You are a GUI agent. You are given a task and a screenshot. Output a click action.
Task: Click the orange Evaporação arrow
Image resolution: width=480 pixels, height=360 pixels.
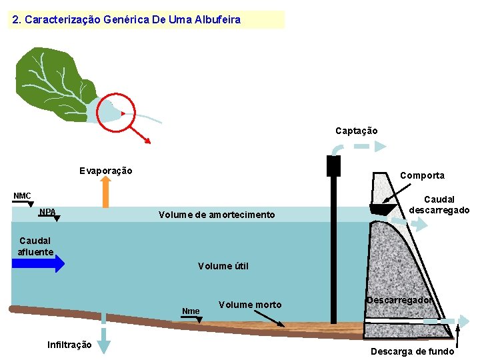105,194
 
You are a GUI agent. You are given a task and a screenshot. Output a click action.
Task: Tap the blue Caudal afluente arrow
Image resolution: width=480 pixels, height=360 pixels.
38,263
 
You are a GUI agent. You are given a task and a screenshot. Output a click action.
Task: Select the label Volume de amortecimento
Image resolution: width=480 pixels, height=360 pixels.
216,215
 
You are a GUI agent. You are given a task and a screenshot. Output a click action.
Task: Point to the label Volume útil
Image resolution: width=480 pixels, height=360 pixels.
223,266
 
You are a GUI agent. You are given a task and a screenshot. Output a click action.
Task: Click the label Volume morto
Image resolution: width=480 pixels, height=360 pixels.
249,305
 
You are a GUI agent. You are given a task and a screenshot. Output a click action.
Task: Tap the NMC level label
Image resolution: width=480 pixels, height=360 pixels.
23,196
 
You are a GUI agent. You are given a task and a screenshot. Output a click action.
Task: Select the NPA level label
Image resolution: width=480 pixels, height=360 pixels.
47,213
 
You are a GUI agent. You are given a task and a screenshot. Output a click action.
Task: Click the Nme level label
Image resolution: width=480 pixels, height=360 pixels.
191,311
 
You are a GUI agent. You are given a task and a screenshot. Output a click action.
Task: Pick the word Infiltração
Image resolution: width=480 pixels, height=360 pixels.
69,345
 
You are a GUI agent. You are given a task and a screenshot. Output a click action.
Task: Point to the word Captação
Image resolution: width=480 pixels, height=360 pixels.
356,131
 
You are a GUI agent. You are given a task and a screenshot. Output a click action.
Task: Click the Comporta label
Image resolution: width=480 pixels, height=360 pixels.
422,175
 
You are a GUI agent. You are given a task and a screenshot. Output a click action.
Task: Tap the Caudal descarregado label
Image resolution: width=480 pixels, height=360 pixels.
439,205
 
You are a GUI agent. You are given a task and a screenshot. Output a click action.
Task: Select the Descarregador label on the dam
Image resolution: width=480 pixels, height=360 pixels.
399,300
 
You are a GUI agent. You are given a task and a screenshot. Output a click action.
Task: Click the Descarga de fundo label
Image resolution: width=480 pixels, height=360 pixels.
412,351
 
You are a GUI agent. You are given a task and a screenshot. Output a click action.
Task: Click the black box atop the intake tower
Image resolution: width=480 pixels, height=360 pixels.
334,165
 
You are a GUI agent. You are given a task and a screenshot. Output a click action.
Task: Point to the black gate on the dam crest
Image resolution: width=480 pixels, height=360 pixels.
382,209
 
